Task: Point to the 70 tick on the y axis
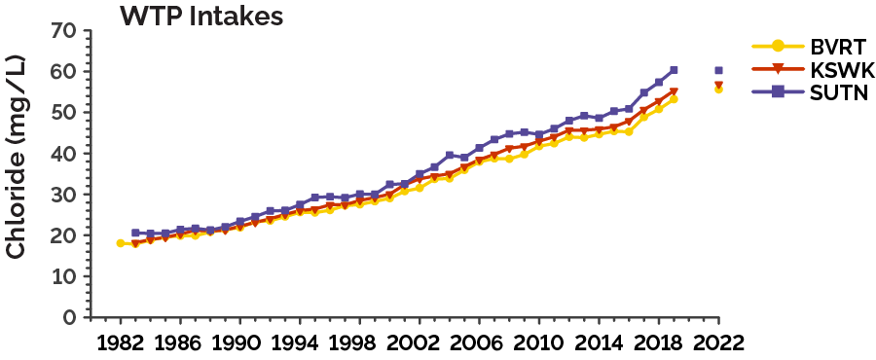coord(63,31)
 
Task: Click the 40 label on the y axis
coord(63,154)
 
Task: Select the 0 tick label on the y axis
coord(69,318)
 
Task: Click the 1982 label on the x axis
coord(121,343)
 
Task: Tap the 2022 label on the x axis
coord(718,343)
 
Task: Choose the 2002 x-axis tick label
coord(420,343)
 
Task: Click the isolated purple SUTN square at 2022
coord(718,70)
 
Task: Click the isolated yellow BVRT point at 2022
coord(718,89)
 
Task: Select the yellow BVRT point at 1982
coord(121,243)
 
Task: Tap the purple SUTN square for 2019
coord(674,70)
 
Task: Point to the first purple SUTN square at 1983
coord(135,234)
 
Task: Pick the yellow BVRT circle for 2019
coord(674,99)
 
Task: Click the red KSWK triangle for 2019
coord(674,92)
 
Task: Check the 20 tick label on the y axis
coord(63,235)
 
